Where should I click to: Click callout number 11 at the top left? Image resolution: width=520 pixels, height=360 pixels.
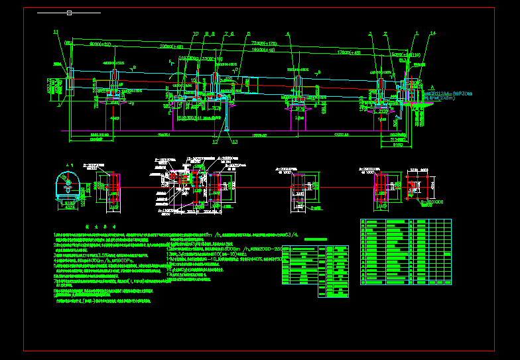[x=56, y=32]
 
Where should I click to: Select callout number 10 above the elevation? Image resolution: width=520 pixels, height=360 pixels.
[x=196, y=33]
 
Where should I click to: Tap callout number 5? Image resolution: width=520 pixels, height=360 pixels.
[x=249, y=33]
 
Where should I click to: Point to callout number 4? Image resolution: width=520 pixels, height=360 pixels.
[x=287, y=33]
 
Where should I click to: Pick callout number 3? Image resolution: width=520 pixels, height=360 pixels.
[x=370, y=33]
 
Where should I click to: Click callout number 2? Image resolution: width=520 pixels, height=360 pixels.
[x=385, y=33]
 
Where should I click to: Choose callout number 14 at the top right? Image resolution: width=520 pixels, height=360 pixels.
[x=433, y=33]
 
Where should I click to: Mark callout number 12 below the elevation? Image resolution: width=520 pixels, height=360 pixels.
[x=215, y=141]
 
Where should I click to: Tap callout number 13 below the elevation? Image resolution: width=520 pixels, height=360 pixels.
[x=234, y=141]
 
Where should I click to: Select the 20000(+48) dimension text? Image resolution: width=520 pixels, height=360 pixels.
[x=172, y=47]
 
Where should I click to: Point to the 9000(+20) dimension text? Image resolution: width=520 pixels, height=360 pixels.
[x=100, y=44]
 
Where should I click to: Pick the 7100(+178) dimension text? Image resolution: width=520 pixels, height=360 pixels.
[x=263, y=42]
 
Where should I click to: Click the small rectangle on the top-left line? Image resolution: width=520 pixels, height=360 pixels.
[x=70, y=12]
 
